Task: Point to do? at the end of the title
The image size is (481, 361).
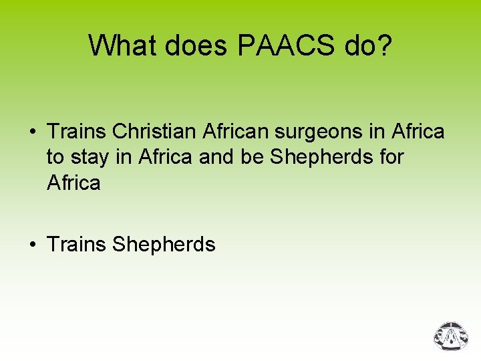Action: [366, 45]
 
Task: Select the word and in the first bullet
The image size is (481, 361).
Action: [199, 157]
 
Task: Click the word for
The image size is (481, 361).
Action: [389, 157]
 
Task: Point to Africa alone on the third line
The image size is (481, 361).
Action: [73, 183]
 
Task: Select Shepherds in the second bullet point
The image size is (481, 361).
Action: [164, 245]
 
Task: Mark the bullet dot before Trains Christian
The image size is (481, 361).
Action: [32, 132]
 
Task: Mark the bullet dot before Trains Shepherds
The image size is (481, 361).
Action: [32, 245]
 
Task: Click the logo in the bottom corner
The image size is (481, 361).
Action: [452, 337]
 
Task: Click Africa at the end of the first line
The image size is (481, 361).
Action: [418, 132]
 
